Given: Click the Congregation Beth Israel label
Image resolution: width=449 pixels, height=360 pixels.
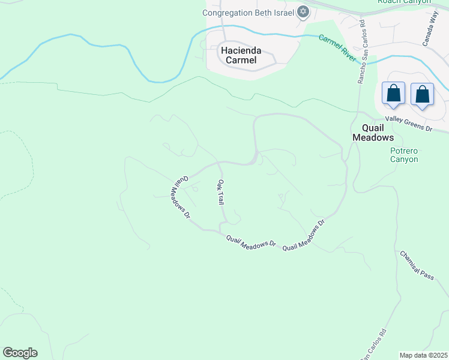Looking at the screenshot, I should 248,13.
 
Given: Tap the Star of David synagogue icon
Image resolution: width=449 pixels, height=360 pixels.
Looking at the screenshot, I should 304,12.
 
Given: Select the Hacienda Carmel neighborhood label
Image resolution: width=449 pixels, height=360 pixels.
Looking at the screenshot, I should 239,55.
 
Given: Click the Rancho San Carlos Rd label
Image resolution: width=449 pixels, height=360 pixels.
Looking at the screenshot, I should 362,51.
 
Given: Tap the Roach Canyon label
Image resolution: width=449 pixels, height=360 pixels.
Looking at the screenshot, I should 404,2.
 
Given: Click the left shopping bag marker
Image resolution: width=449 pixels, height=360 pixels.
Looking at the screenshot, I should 393,94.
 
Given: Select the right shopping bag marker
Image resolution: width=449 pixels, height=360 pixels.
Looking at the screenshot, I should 423,95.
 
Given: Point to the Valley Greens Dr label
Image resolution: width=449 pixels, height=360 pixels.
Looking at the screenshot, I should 409,124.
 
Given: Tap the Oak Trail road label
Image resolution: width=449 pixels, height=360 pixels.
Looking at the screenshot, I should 221,192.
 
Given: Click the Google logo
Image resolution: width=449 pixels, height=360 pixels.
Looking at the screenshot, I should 20,353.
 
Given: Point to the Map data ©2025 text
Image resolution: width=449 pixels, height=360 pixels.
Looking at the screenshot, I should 423,355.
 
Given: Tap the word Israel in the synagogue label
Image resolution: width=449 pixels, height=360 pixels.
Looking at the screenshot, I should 281,13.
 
